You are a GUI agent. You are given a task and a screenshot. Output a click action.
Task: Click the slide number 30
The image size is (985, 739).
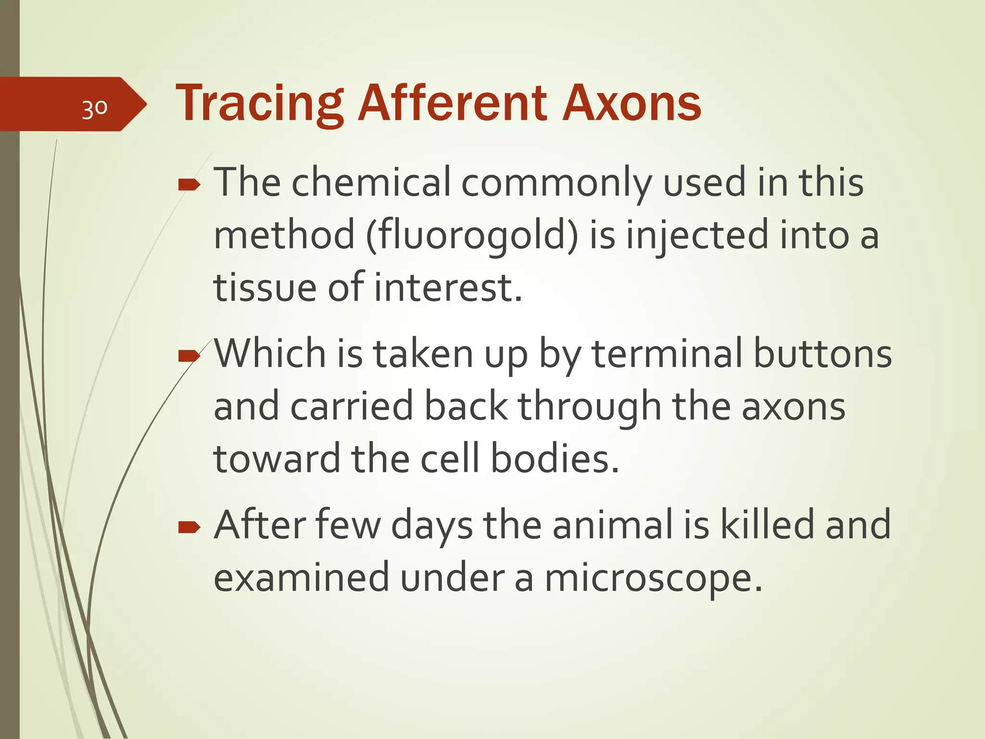[94, 109]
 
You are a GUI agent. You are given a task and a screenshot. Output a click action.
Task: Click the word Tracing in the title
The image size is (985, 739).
[259, 103]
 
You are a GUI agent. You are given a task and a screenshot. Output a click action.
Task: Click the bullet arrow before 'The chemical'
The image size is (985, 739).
[189, 184]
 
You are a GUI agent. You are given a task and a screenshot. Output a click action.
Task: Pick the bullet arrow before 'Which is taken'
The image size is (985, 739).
[189, 356]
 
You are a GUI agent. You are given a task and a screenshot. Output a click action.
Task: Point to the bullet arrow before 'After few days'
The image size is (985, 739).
[189, 528]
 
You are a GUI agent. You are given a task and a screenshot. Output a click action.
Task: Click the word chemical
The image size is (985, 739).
[371, 182]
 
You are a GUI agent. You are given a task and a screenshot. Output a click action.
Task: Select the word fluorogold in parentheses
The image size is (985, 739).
[471, 235]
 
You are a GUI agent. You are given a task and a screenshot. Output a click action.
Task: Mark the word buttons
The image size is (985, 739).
[822, 354]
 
